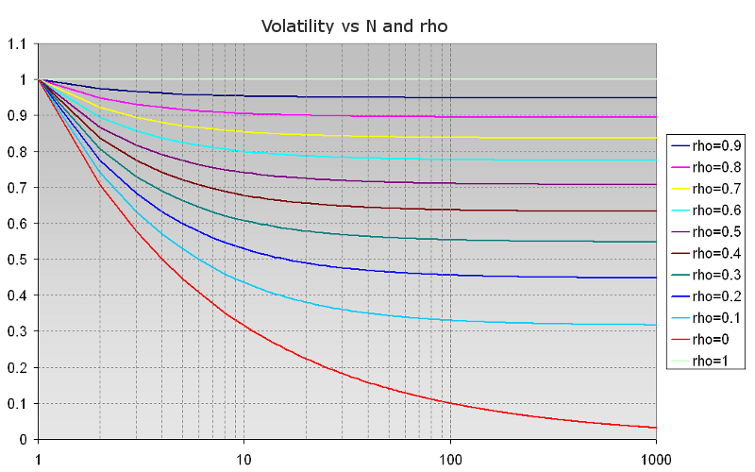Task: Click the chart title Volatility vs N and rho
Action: (354, 26)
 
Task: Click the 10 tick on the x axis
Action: (243, 459)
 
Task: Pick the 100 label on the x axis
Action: (450, 459)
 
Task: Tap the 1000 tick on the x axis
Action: (655, 459)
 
